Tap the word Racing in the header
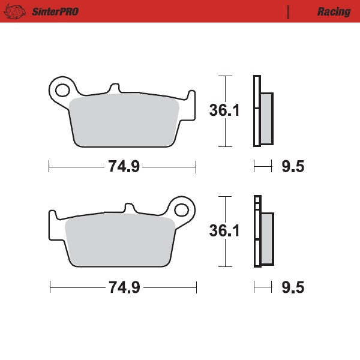[x=334, y=11]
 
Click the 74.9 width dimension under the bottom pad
[x=124, y=287]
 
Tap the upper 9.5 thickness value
[x=292, y=167]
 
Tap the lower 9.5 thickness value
[x=292, y=287]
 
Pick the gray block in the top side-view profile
[x=266, y=118]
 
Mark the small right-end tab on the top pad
[x=191, y=98]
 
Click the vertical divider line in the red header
[x=288, y=11]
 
